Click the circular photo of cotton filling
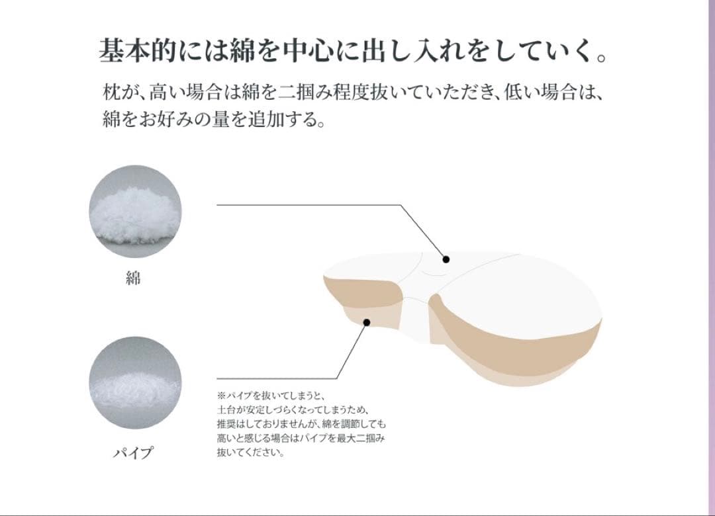(x=134, y=212)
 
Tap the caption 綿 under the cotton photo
(x=134, y=278)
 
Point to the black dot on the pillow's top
(x=446, y=259)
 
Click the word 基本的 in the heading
(x=132, y=51)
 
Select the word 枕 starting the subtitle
(x=111, y=90)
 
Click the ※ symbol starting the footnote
(x=220, y=395)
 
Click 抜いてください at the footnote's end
(x=250, y=453)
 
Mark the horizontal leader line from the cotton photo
(x=305, y=205)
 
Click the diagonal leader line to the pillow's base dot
(x=352, y=351)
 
